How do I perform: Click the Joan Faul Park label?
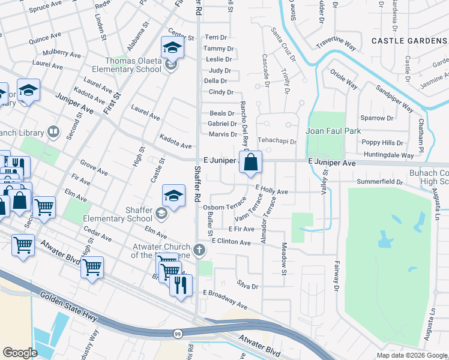coord(331,131)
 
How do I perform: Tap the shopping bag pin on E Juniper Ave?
coord(251,162)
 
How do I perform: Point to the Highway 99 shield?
coord(178,333)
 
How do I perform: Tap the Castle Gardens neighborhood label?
coord(409,41)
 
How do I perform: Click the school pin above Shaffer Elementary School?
coord(173,196)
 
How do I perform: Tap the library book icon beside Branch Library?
coord(53,131)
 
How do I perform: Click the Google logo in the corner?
coord(20,353)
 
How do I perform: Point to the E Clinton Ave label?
coord(231,242)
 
